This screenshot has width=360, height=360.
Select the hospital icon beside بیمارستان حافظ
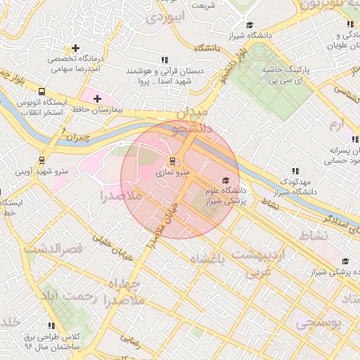click(x=97, y=98)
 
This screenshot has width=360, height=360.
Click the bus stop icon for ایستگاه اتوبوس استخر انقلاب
click(x=42, y=91)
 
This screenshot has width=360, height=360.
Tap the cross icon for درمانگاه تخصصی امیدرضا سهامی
click(x=75, y=49)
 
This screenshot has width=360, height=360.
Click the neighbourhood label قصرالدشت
click(x=53, y=249)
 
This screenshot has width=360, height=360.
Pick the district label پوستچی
click(x=317, y=323)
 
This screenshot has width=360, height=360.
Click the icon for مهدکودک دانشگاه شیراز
click(x=295, y=171)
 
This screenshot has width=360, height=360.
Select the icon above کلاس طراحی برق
click(x=51, y=326)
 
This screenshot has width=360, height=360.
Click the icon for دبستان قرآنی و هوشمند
click(x=165, y=60)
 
